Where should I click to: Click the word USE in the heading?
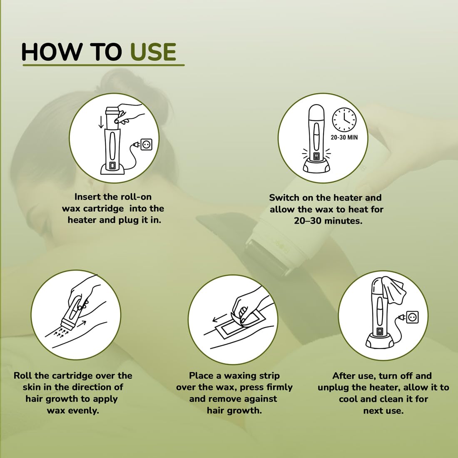[153, 52]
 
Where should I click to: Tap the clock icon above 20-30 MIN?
[344, 119]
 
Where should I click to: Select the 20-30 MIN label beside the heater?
[344, 137]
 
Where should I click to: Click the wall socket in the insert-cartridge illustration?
[146, 144]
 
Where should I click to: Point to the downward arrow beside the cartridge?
[101, 122]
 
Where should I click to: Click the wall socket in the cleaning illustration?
[413, 317]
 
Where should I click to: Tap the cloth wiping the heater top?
[393, 289]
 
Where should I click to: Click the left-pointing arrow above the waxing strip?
[220, 318]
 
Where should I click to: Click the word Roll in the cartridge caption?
[23, 376]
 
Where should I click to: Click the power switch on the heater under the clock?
[316, 156]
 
